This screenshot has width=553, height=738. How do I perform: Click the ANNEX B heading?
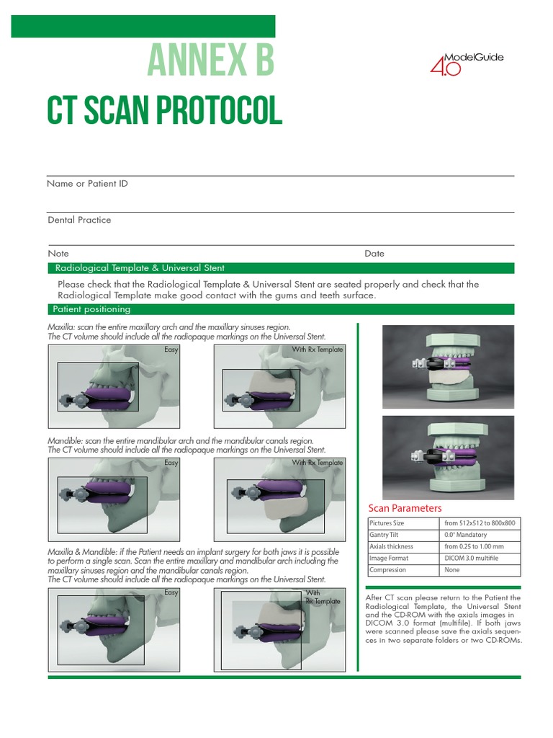pos(210,61)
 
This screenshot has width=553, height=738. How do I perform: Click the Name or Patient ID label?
pos(87,184)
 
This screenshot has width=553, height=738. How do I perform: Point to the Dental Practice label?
pos(79,220)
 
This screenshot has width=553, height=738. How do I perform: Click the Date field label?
pos(374,254)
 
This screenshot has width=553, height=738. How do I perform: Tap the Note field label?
pos(58,254)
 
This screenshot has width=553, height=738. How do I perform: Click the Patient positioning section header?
pos(91,309)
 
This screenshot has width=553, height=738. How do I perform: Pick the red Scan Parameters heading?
pos(405,508)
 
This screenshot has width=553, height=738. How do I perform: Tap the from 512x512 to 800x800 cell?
pos(480,523)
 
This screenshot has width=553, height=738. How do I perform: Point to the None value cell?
pos(451,569)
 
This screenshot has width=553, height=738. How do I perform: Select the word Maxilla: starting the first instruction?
pos(61,327)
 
